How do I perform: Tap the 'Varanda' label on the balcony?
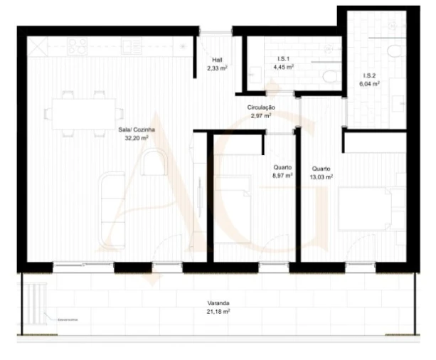coord(219,303)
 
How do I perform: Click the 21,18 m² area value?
coord(219,312)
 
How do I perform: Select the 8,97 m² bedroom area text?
coord(283,176)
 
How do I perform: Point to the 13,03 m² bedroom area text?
coord(321,176)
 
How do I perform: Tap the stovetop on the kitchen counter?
coord(78,46)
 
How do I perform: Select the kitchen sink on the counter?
coord(132,46)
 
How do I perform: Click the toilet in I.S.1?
coord(329,76)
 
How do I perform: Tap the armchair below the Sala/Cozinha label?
coord(153,164)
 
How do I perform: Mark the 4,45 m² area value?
coord(284,68)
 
